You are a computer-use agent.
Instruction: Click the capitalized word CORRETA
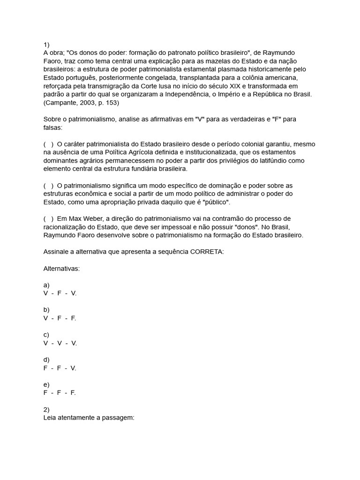[x=207, y=252]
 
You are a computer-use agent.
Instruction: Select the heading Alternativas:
[x=61, y=269]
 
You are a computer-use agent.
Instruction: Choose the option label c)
[x=46, y=335]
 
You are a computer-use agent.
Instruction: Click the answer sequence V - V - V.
[x=60, y=343]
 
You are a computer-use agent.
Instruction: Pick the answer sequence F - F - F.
[x=60, y=393]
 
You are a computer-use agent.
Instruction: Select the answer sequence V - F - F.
[x=60, y=318]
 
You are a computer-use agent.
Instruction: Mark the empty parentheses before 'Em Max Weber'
[x=48, y=219]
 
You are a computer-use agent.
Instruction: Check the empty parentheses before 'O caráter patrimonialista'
[x=48, y=144]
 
